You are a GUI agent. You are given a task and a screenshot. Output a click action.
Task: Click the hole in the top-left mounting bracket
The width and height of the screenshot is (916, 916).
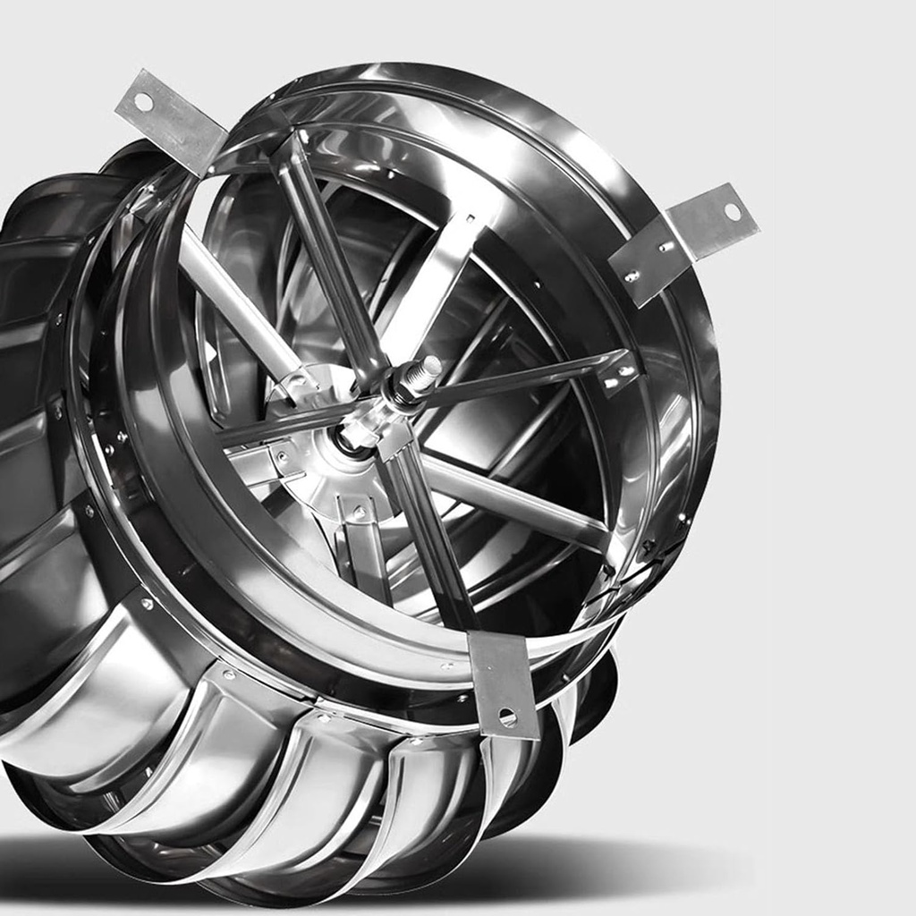(143, 101)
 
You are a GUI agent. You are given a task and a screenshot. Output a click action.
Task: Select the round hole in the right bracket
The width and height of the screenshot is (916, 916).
(733, 212)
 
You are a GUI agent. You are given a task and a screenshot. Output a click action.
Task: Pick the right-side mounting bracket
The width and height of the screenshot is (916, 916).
(684, 242)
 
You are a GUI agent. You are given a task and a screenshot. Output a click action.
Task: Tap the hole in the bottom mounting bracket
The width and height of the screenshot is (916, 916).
(507, 717)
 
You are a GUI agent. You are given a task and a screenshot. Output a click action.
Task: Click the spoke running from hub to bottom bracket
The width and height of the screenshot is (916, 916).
(429, 528)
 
